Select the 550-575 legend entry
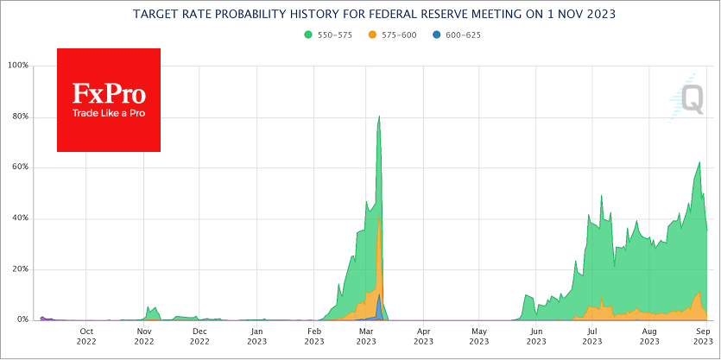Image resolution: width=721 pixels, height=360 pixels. pos(326,35)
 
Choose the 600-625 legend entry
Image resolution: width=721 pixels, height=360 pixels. pos(458,35)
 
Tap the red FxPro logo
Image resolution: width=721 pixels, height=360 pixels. pos(109,100)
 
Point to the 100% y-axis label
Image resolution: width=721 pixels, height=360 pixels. pos(17,66)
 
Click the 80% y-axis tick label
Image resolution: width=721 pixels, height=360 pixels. pos(19,117)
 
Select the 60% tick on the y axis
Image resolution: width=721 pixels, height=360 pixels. pos(19,167)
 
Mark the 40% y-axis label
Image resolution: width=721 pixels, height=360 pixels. pos(19,218)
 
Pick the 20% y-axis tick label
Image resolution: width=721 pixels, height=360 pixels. pos(19,269)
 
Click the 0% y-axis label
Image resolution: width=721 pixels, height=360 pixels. pos(22,320)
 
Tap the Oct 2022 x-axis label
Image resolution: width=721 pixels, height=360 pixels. pos(86,337)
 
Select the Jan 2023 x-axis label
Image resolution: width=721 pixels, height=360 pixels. pos(256,337)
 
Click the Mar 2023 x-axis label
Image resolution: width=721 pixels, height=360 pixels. pos(365,337)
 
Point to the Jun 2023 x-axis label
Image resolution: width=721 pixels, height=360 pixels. pos(536,337)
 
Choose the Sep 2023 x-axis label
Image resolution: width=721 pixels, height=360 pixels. pos(703,337)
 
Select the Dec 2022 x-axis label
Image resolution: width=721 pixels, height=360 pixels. pos(199,337)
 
